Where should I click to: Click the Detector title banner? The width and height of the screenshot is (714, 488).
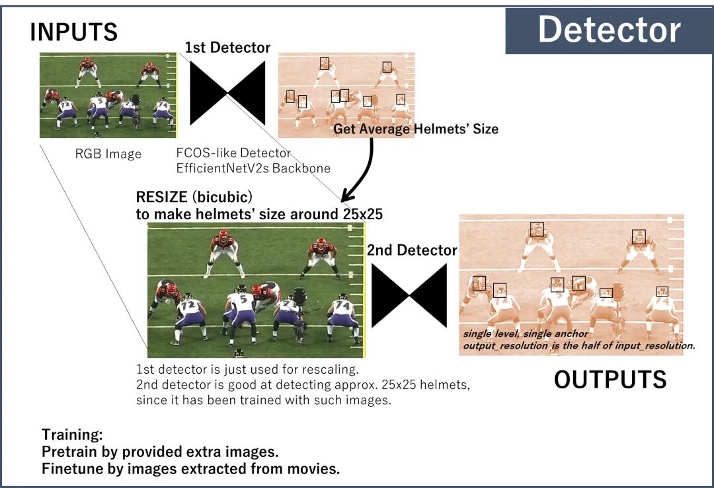click(x=608, y=30)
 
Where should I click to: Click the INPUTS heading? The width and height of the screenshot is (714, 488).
click(x=73, y=32)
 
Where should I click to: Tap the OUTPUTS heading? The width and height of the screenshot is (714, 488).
click(x=610, y=380)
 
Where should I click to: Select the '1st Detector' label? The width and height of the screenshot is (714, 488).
click(x=227, y=48)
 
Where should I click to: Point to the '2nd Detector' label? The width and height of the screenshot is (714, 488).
click(x=412, y=250)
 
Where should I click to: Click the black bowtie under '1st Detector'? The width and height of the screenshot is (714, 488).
click(x=227, y=93)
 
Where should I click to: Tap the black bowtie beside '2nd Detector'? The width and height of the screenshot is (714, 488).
click(x=409, y=295)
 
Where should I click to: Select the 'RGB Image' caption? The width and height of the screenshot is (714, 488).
click(x=108, y=154)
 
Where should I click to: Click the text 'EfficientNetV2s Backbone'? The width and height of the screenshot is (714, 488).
click(x=253, y=168)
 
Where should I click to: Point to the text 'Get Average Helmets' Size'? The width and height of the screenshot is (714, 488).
click(x=415, y=129)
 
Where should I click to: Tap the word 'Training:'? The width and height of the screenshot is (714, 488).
click(x=72, y=435)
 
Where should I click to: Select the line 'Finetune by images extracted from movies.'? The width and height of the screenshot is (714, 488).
click(x=190, y=469)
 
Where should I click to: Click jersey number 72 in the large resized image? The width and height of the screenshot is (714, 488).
click(x=190, y=306)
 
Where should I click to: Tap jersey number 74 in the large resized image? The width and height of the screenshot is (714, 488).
click(x=341, y=306)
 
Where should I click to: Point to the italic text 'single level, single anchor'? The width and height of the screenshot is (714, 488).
click(x=526, y=334)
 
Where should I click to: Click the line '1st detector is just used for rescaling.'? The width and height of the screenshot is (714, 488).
click(x=247, y=369)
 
